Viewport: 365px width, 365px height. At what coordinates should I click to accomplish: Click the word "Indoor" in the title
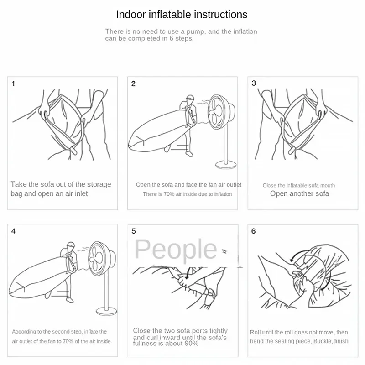[x=131, y=15]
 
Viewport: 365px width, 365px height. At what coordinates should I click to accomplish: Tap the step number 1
[x=13, y=83]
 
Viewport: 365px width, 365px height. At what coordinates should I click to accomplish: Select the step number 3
[x=254, y=83]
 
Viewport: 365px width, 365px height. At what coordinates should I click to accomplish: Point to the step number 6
[x=254, y=231]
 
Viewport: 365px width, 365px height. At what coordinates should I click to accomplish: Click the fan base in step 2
[x=226, y=165]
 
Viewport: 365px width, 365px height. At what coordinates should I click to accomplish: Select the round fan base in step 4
[x=107, y=312]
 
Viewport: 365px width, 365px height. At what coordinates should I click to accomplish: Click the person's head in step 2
[x=190, y=99]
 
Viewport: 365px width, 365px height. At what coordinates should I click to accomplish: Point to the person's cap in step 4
[x=71, y=245]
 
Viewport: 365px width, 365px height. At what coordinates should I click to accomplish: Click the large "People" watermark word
[x=176, y=250]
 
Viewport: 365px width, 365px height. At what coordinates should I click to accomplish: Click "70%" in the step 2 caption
[x=169, y=194]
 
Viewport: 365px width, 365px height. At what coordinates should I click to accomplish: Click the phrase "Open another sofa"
[x=300, y=193]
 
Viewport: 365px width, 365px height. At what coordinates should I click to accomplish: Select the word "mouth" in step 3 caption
[x=328, y=186]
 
